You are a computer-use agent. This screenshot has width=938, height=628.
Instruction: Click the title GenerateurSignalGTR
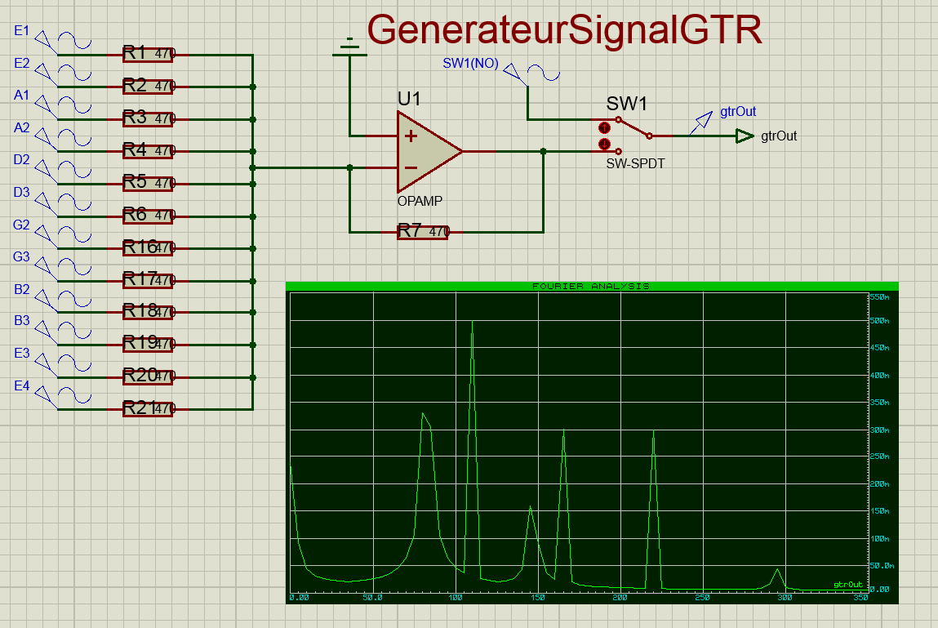(x=565, y=31)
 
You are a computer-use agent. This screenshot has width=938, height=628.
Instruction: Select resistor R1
(x=148, y=55)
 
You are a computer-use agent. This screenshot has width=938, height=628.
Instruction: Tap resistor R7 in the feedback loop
(x=423, y=232)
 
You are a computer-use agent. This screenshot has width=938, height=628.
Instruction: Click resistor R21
(x=148, y=408)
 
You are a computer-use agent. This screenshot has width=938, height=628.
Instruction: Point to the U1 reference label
(x=409, y=100)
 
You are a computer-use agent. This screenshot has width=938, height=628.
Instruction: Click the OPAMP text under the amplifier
(x=420, y=201)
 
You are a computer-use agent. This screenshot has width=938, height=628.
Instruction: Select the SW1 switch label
(x=626, y=105)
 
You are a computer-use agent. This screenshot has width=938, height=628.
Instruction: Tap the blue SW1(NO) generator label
(x=470, y=64)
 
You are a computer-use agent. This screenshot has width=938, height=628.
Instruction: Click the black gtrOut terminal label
(x=779, y=136)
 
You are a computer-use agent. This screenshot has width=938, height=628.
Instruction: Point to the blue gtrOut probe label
(x=738, y=112)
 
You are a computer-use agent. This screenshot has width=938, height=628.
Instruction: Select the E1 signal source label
(x=22, y=31)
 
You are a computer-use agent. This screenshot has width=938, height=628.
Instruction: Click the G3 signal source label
(x=22, y=257)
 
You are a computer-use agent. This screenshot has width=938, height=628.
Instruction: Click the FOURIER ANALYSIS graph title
(x=591, y=287)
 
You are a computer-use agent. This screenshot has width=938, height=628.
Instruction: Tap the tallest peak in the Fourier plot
(x=473, y=323)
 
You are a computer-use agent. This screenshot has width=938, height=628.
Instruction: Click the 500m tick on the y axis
(x=878, y=322)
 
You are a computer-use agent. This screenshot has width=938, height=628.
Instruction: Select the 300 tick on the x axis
(x=785, y=598)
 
